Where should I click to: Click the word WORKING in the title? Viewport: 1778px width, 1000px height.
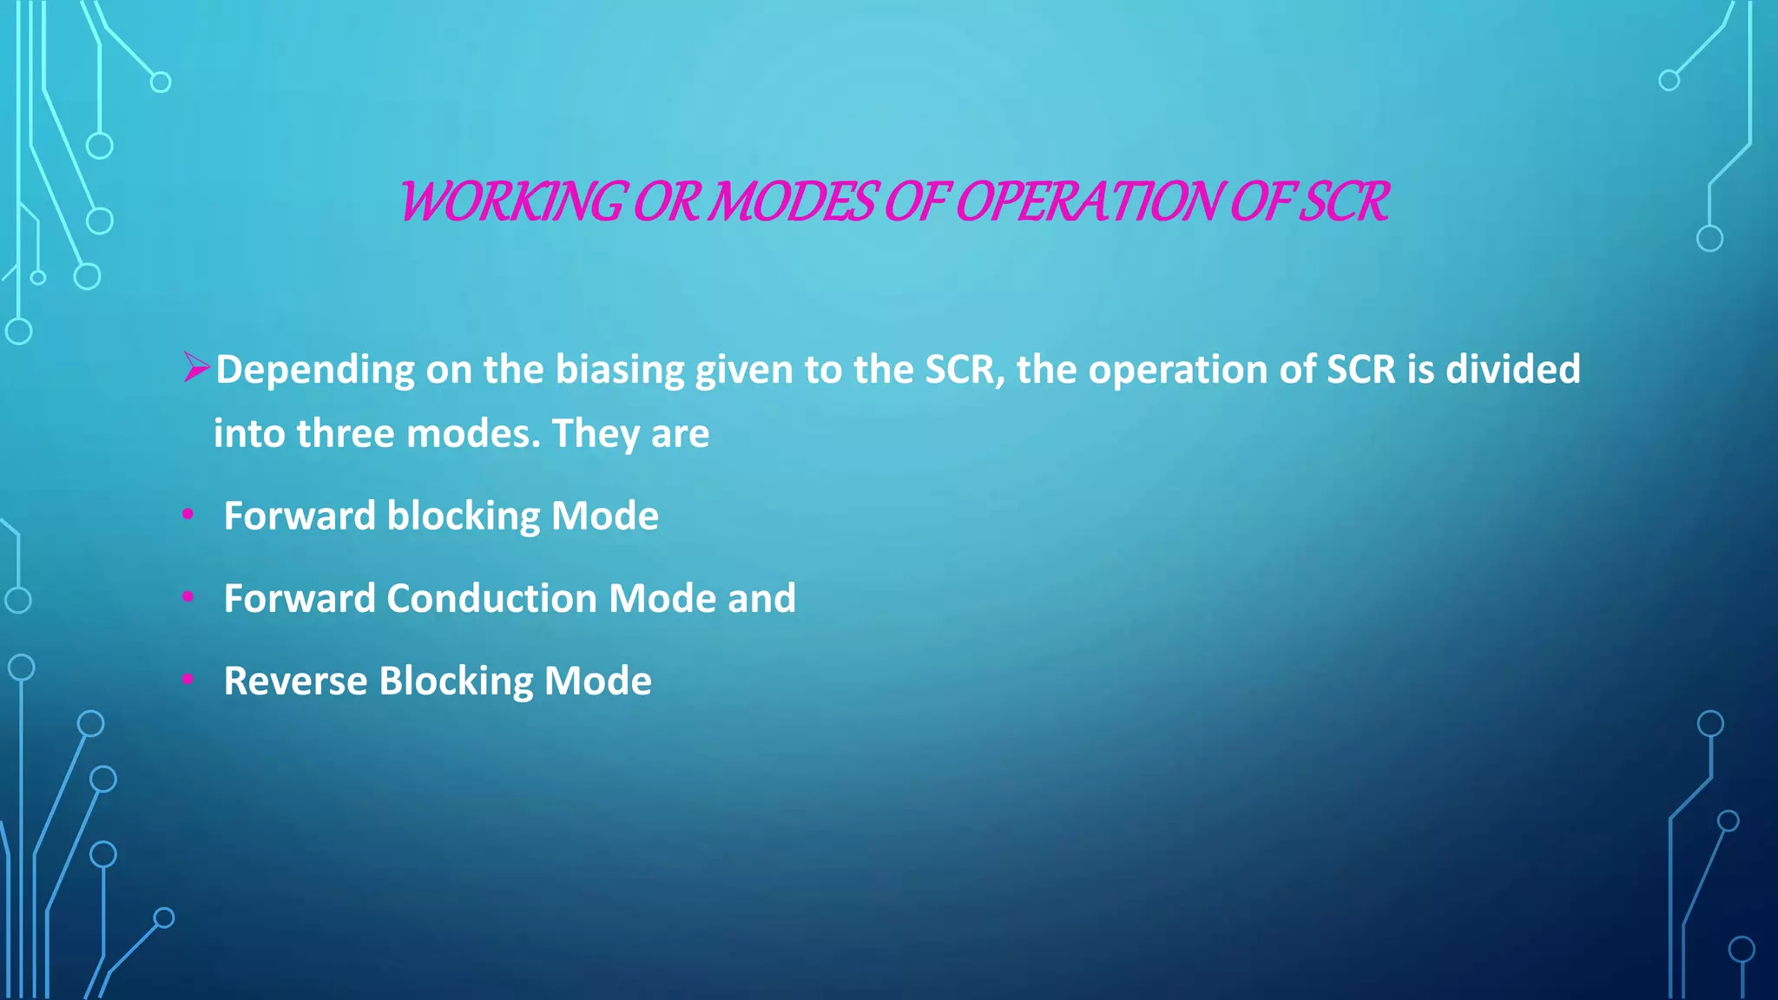coord(510,201)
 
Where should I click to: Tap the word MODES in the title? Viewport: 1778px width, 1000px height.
coord(792,201)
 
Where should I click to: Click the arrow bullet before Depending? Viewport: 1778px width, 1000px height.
coord(196,368)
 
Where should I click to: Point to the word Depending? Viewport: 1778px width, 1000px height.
coord(315,370)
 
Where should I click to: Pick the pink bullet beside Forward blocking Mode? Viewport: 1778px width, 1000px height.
coord(188,515)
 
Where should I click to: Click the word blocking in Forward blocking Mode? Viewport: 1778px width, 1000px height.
coord(463,516)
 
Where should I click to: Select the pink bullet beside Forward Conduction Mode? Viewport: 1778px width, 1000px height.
coord(188,597)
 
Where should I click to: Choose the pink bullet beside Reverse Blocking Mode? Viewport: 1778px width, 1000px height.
coord(188,680)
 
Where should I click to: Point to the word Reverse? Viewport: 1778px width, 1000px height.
coord(295,681)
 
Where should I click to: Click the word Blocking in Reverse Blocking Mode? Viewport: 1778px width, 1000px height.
coord(456,681)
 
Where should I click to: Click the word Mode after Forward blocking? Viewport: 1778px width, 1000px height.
coord(605,516)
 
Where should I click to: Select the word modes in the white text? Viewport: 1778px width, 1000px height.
coord(469,433)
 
